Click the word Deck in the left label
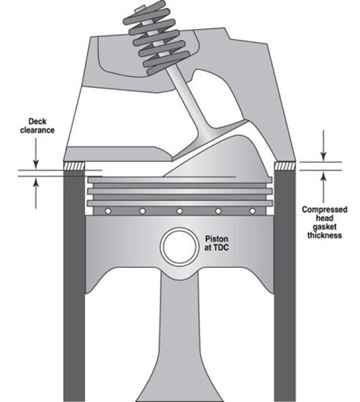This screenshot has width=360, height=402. click(38, 122)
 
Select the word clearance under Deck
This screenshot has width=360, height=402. click(38, 130)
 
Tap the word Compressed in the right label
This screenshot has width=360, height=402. click(325, 210)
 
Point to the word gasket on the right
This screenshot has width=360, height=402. click(325, 226)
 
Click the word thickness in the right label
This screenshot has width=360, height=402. click(325, 235)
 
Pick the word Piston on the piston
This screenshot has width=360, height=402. click(216, 239)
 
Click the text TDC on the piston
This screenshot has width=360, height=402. click(221, 247)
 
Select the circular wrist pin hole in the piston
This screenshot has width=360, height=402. click(179, 247)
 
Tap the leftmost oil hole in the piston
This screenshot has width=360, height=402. click(108, 210)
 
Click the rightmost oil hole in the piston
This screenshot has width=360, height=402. click(252, 210)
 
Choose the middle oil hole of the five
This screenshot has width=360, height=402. click(179, 210)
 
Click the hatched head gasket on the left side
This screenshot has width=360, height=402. click(75, 166)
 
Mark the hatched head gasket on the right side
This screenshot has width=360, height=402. click(285, 166)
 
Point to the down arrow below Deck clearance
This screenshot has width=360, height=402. click(36, 153)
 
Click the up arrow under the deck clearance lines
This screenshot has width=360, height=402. click(36, 193)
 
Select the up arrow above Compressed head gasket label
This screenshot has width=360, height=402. click(324, 187)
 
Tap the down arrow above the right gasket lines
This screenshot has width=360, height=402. click(324, 146)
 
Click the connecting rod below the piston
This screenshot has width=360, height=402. click(180, 335)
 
